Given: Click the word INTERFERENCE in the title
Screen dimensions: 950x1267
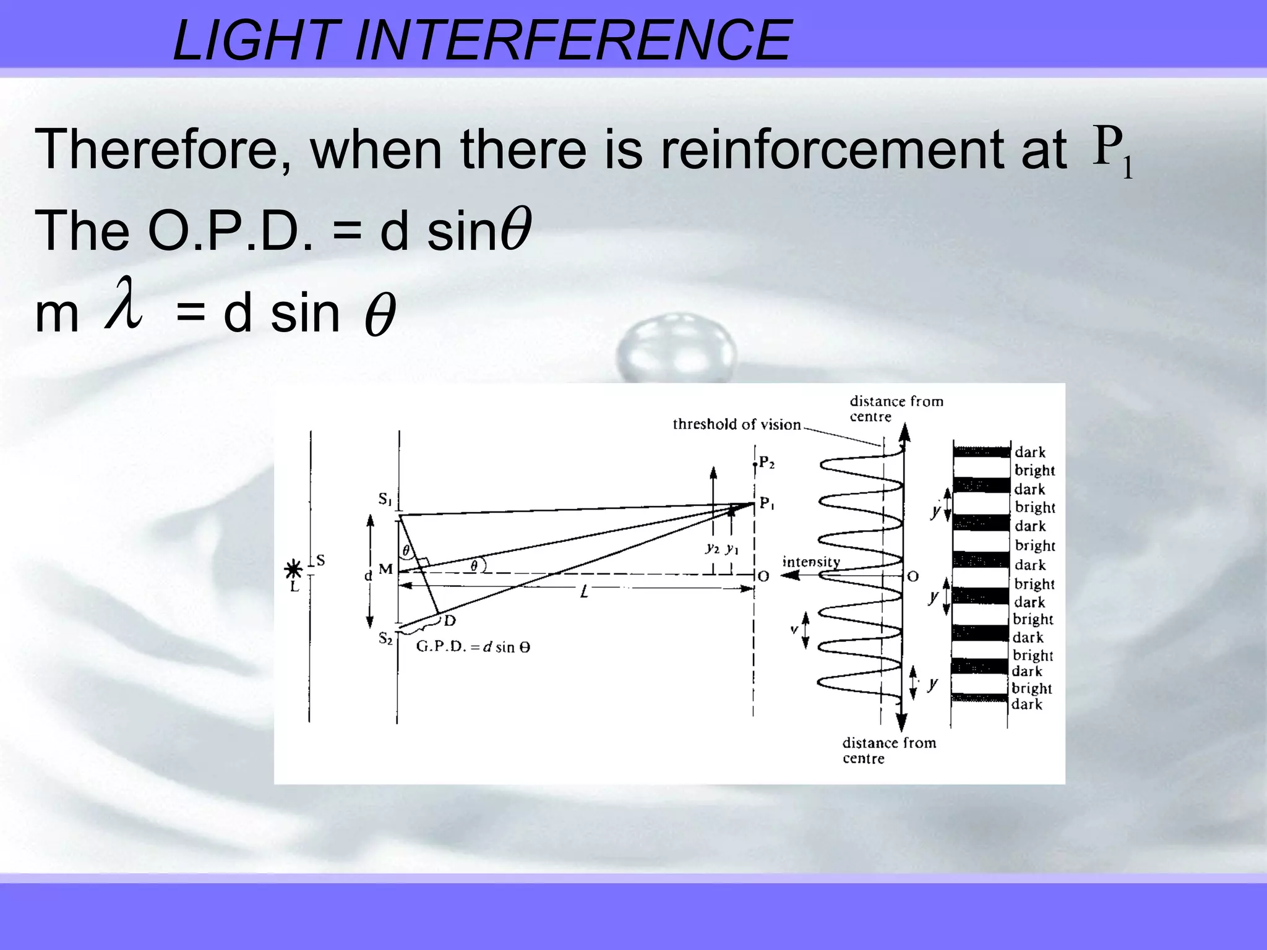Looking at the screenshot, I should (573, 41).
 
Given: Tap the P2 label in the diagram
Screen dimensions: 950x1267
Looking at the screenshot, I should (767, 463).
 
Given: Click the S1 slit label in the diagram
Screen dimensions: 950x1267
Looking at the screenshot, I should (385, 499).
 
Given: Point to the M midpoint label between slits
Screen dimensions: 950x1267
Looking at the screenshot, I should (386, 569).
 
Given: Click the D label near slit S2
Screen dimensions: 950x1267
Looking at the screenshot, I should (450, 621).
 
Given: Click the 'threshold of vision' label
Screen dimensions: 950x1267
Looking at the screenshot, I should (736, 424).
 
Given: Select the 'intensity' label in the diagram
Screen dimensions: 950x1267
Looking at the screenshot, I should (811, 562).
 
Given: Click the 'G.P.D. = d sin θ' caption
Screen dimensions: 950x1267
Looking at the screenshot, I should (473, 648).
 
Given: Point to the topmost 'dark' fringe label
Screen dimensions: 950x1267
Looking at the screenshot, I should (1030, 452).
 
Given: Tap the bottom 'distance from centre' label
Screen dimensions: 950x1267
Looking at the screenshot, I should (889, 750).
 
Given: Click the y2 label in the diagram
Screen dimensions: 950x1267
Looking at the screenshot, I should (713, 548).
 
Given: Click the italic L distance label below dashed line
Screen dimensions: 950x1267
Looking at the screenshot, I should (584, 593).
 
